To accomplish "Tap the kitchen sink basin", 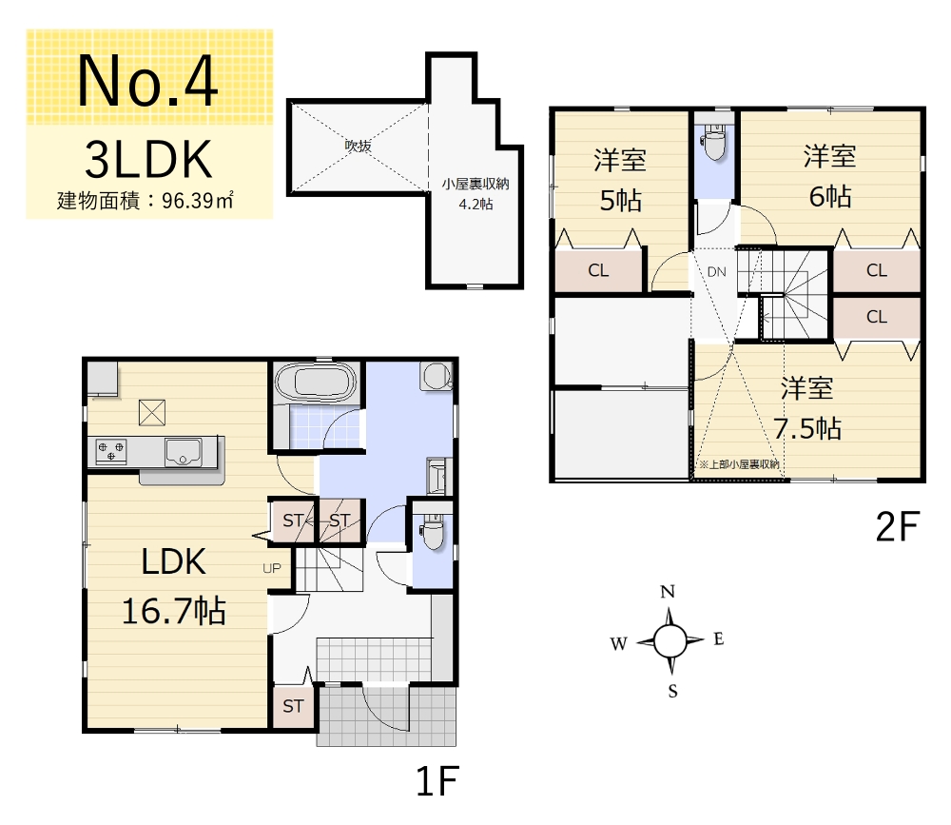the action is click(x=184, y=452).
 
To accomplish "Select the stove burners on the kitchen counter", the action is click(x=111, y=451).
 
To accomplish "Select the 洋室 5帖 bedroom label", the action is click(x=620, y=180).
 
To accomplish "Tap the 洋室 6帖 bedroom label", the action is click(x=829, y=176).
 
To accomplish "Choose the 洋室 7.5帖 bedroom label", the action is click(x=807, y=408).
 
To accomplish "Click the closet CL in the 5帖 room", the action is click(x=598, y=270).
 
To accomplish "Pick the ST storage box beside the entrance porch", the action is click(x=293, y=706).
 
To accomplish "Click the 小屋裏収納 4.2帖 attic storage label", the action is click(x=475, y=194).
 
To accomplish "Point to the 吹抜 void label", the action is click(x=358, y=146).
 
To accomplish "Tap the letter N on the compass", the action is click(x=668, y=591).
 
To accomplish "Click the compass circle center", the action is click(x=670, y=640).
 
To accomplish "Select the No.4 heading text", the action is click(x=147, y=81).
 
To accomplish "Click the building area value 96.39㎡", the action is click(x=198, y=201).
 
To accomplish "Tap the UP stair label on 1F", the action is click(x=272, y=568).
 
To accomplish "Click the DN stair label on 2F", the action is click(x=716, y=272).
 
